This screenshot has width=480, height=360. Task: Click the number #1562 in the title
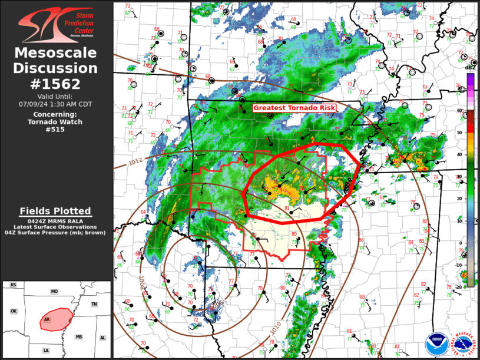(56, 83)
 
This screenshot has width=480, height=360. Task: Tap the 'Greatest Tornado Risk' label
(294, 108)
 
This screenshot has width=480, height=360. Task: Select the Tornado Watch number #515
(56, 129)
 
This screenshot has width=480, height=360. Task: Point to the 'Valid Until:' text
(56, 96)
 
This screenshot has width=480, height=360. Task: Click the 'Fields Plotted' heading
(55, 211)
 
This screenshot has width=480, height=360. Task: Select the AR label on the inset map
(47, 321)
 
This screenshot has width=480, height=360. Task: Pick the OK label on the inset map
(14, 311)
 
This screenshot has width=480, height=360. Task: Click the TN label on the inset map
(94, 304)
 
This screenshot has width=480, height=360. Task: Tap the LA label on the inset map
(46, 350)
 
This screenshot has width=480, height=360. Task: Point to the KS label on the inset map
(13, 285)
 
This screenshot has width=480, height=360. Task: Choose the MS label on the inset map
(78, 337)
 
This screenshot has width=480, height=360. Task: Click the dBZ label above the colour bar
(470, 68)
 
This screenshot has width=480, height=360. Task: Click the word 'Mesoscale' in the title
(56, 53)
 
